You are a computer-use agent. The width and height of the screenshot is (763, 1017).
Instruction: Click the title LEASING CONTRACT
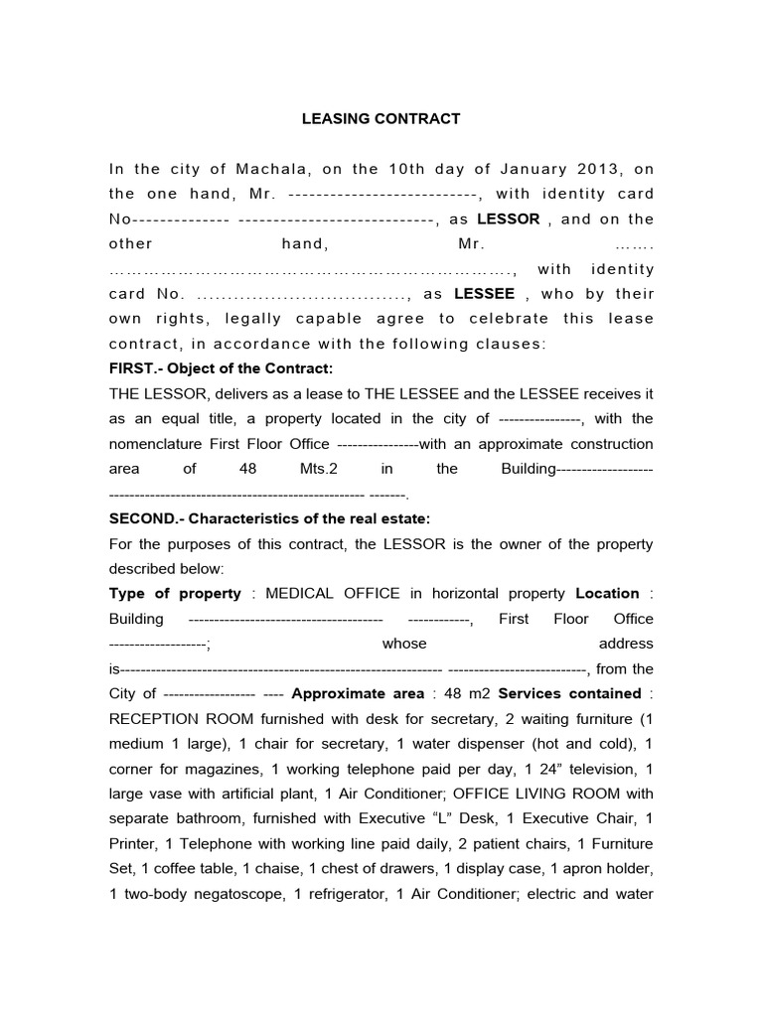(x=381, y=118)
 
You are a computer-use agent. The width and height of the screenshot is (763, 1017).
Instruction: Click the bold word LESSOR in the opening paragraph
(x=509, y=218)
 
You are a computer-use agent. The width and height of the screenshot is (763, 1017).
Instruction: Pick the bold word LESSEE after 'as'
(x=484, y=293)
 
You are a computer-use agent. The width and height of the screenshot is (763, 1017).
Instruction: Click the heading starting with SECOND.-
(x=269, y=518)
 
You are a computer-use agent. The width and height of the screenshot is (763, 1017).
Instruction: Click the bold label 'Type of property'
(x=175, y=593)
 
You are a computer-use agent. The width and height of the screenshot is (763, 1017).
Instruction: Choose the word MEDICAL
(x=296, y=593)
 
